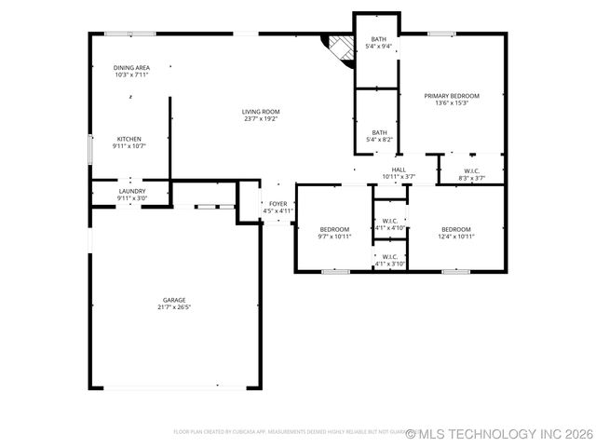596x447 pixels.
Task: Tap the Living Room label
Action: click(x=261, y=112)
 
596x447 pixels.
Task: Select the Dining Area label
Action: click(x=131, y=68)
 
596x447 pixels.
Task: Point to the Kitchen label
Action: click(x=129, y=139)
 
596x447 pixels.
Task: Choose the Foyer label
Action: click(x=278, y=203)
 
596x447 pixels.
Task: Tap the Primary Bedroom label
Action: click(x=452, y=96)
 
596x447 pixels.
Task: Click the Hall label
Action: click(x=399, y=169)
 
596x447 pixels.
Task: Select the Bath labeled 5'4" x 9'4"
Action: click(x=379, y=39)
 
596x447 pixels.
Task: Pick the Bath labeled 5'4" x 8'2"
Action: click(x=380, y=132)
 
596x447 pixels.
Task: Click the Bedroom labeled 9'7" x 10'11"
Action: click(x=334, y=229)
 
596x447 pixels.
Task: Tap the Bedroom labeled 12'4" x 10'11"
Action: click(x=456, y=229)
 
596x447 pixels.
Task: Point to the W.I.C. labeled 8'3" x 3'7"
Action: click(x=471, y=170)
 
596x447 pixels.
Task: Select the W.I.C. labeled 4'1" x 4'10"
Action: click(x=390, y=222)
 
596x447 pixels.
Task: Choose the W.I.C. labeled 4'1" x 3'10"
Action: click(x=390, y=257)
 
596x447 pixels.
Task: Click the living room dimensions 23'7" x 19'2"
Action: click(x=261, y=119)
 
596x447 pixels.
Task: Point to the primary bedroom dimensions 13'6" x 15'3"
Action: click(x=452, y=103)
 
